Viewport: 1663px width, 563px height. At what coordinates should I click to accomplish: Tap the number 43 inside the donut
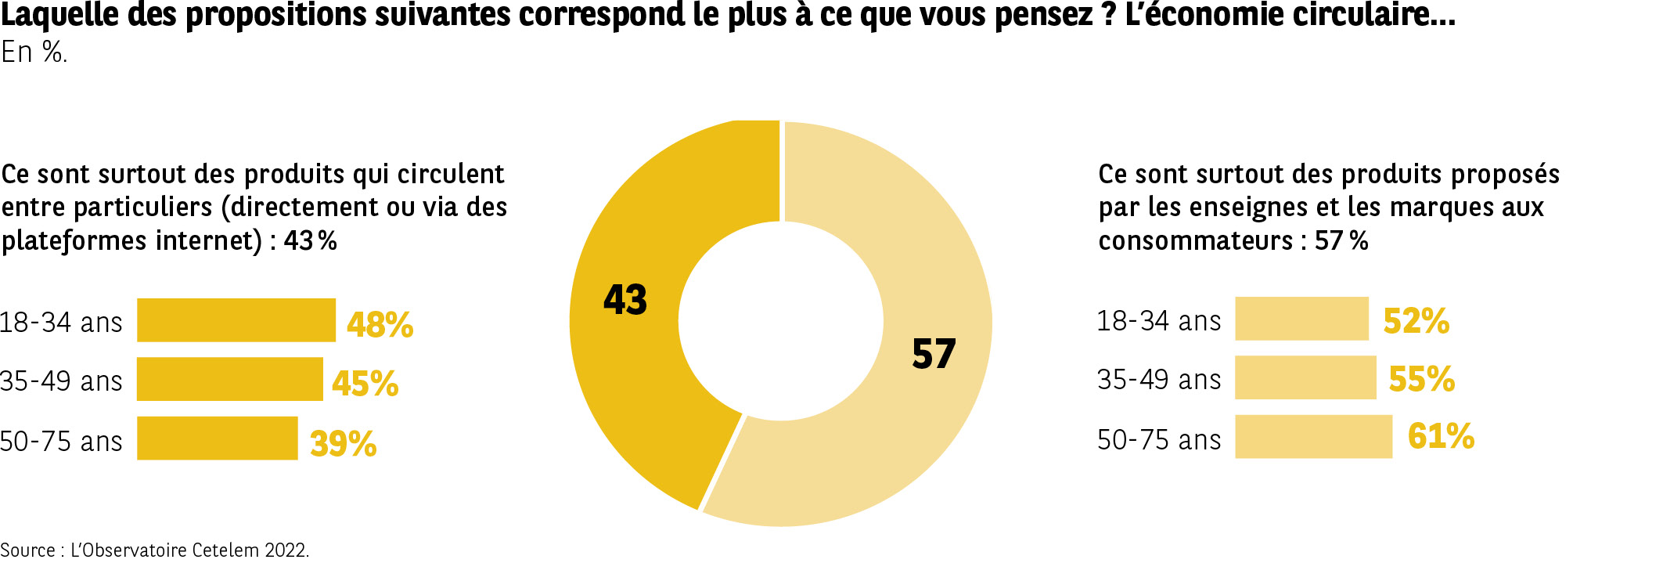pyautogui.click(x=625, y=300)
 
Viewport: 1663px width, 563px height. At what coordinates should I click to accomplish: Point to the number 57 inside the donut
pyautogui.click(x=934, y=354)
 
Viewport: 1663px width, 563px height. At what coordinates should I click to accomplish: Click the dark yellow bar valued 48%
pyautogui.click(x=236, y=320)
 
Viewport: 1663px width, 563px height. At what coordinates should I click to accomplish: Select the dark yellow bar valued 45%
pyautogui.click(x=229, y=379)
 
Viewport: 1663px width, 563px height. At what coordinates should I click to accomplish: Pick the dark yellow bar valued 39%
pyautogui.click(x=217, y=438)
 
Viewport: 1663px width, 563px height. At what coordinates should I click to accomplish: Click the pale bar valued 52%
pyautogui.click(x=1301, y=319)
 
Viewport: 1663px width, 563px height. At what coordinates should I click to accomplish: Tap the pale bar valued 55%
pyautogui.click(x=1305, y=377)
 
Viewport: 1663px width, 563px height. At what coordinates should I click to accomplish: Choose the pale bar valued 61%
pyautogui.click(x=1313, y=436)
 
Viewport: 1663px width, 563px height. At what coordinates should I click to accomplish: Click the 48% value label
pyautogui.click(x=380, y=324)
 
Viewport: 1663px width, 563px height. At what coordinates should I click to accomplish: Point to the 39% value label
pyautogui.click(x=343, y=443)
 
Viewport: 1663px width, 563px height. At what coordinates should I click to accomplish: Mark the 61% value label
pyautogui.click(x=1441, y=436)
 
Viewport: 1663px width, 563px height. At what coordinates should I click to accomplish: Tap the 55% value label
pyautogui.click(x=1421, y=379)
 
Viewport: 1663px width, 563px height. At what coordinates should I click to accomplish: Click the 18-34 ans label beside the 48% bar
pyautogui.click(x=61, y=323)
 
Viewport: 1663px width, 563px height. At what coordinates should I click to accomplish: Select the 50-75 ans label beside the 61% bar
pyautogui.click(x=1158, y=440)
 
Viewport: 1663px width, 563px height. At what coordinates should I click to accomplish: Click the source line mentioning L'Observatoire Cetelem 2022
pyautogui.click(x=154, y=550)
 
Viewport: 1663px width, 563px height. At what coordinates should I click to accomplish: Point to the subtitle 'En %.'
pyautogui.click(x=34, y=52)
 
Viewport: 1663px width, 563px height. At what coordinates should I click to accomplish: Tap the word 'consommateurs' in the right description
pyautogui.click(x=1195, y=240)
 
